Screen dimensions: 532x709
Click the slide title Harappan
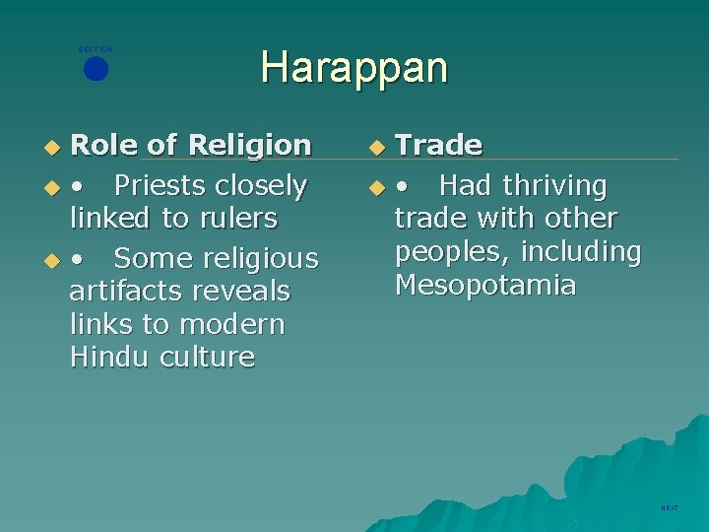point(354,68)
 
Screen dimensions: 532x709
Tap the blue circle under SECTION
point(96,70)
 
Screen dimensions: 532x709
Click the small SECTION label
point(96,49)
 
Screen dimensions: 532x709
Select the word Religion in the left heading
point(249,146)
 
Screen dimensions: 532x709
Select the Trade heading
point(438,146)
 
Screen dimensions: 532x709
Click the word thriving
point(554,185)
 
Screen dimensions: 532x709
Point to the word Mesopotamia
point(484,286)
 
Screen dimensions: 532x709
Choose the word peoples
point(449,252)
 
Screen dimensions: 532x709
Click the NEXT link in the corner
point(670,508)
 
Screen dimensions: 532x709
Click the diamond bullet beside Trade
point(378,148)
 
